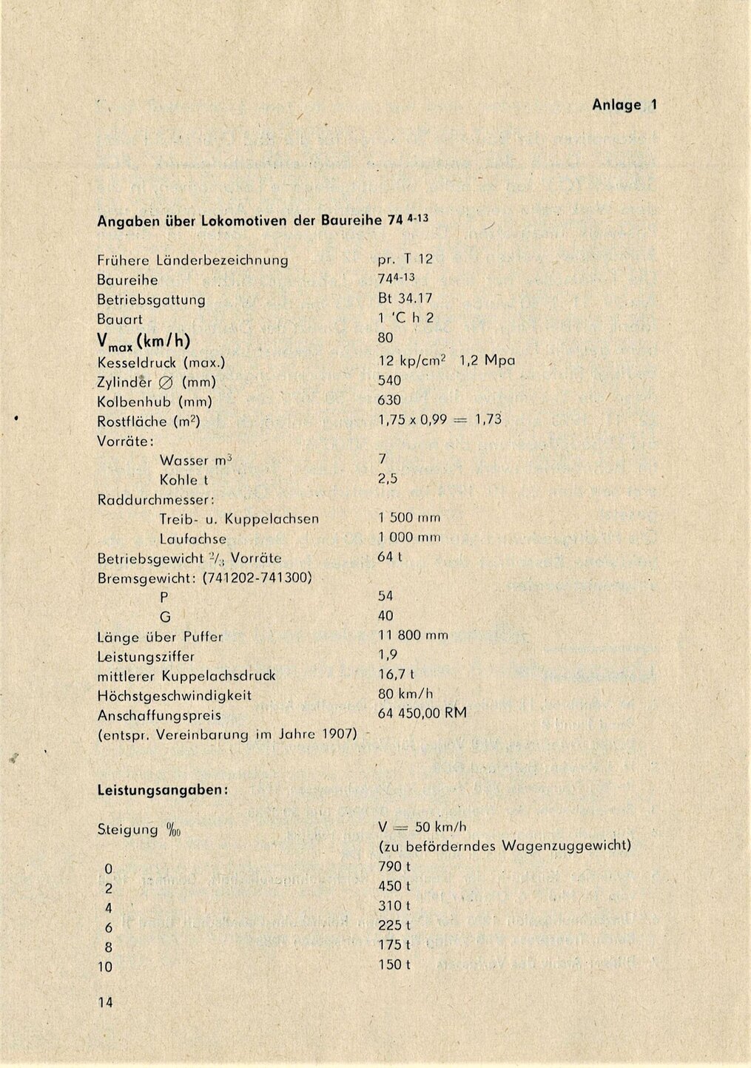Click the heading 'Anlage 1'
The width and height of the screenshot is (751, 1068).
pos(624,105)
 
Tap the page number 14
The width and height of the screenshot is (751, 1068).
pos(105,1003)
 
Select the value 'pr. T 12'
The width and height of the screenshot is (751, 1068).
pos(405,259)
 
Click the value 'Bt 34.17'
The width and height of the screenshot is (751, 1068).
pos(405,298)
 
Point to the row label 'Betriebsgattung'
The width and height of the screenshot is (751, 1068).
pos(151,300)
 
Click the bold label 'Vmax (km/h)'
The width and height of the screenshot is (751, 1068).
pos(144,341)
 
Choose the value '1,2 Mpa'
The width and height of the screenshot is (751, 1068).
pos(487,361)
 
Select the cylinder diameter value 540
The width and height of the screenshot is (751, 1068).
pos(389,380)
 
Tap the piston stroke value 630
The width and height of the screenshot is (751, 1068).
pos(389,400)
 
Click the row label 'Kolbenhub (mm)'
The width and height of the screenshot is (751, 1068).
pos(155,402)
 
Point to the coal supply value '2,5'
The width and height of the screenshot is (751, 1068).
pos(388,479)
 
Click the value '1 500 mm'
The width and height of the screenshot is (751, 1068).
pos(409,518)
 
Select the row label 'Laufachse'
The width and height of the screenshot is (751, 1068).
pos(192,538)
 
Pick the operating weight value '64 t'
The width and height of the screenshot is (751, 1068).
pos(389,556)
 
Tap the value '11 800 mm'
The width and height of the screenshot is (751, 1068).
pos(413,635)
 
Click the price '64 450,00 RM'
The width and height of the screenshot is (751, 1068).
pos(422,713)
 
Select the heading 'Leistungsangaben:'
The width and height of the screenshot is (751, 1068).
pos(162,790)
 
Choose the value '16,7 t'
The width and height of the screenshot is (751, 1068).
pos(396,674)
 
